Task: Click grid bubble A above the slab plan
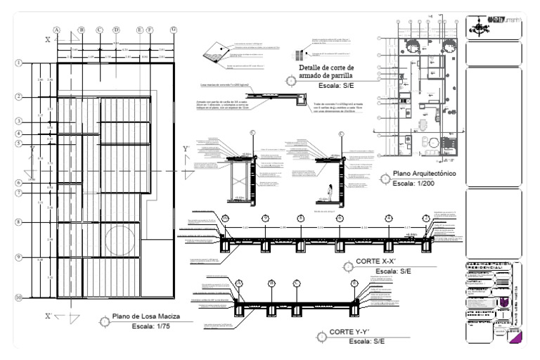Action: coord(57,30)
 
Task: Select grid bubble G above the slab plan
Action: coord(173,30)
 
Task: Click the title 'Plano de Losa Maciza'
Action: coord(144,317)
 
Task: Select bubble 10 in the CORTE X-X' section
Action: coord(225,219)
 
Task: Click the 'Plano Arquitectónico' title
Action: coord(425,174)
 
